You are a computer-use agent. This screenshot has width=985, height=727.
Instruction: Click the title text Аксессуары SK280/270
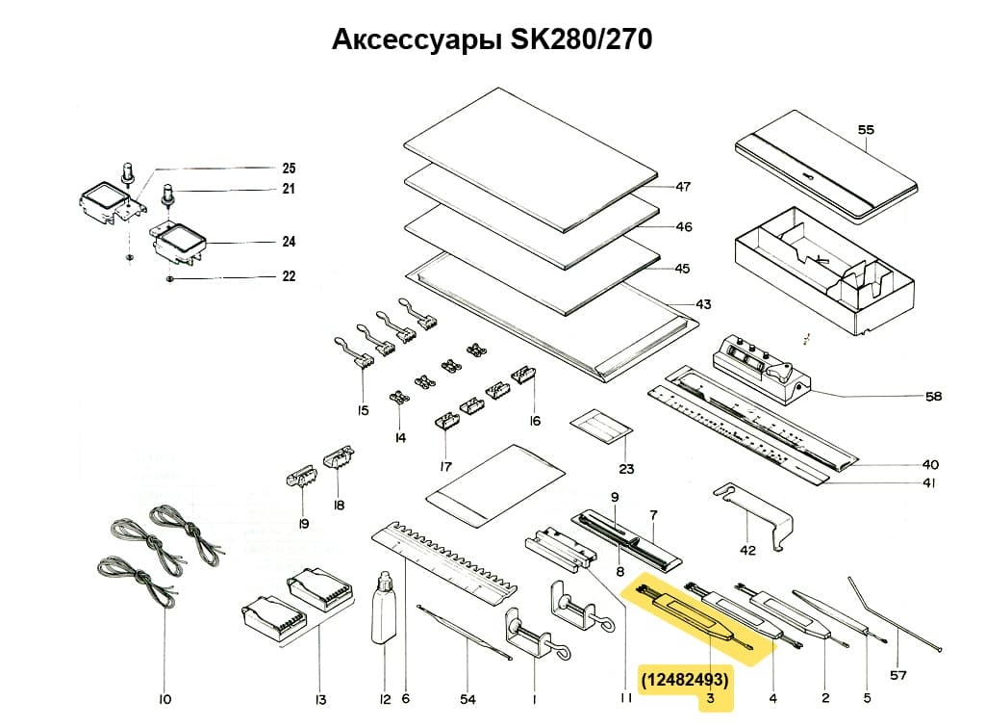point(492,39)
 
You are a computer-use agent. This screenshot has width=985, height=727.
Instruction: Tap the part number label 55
point(866,128)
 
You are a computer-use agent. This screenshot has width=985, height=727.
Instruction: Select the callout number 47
point(683,187)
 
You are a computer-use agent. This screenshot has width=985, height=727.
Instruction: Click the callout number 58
point(933,396)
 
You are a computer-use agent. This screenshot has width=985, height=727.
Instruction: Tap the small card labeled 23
point(601,426)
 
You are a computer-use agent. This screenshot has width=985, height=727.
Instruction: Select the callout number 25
point(289,168)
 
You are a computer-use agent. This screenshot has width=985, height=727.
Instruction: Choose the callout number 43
point(703,304)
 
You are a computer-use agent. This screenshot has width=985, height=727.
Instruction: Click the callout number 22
point(289,276)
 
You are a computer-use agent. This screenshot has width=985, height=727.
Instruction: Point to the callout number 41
point(928,483)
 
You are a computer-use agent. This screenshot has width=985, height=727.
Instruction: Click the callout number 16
point(535,420)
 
